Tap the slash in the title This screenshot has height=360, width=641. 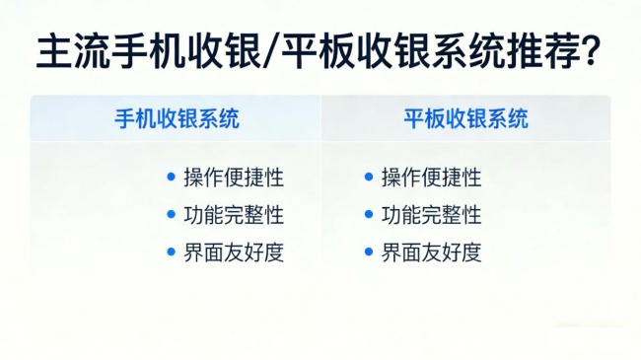271,51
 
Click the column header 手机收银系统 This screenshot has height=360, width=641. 177,118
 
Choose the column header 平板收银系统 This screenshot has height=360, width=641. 466,118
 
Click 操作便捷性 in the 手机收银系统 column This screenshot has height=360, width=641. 234,178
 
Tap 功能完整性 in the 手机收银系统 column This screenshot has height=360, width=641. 234,215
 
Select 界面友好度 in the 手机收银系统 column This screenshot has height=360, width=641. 234,252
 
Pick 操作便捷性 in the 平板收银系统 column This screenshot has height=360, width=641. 431,178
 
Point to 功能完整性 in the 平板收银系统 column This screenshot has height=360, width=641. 431,215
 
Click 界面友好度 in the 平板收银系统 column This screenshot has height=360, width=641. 431,252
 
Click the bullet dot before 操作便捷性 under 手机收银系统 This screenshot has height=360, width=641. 172,177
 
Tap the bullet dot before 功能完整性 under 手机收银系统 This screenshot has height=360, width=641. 172,214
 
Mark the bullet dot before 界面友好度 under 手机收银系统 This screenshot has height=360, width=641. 172,252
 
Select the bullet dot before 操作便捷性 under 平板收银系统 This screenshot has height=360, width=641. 369,177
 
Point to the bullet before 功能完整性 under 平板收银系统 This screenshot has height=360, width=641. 369,214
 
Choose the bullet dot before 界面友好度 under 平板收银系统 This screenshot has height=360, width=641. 369,252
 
